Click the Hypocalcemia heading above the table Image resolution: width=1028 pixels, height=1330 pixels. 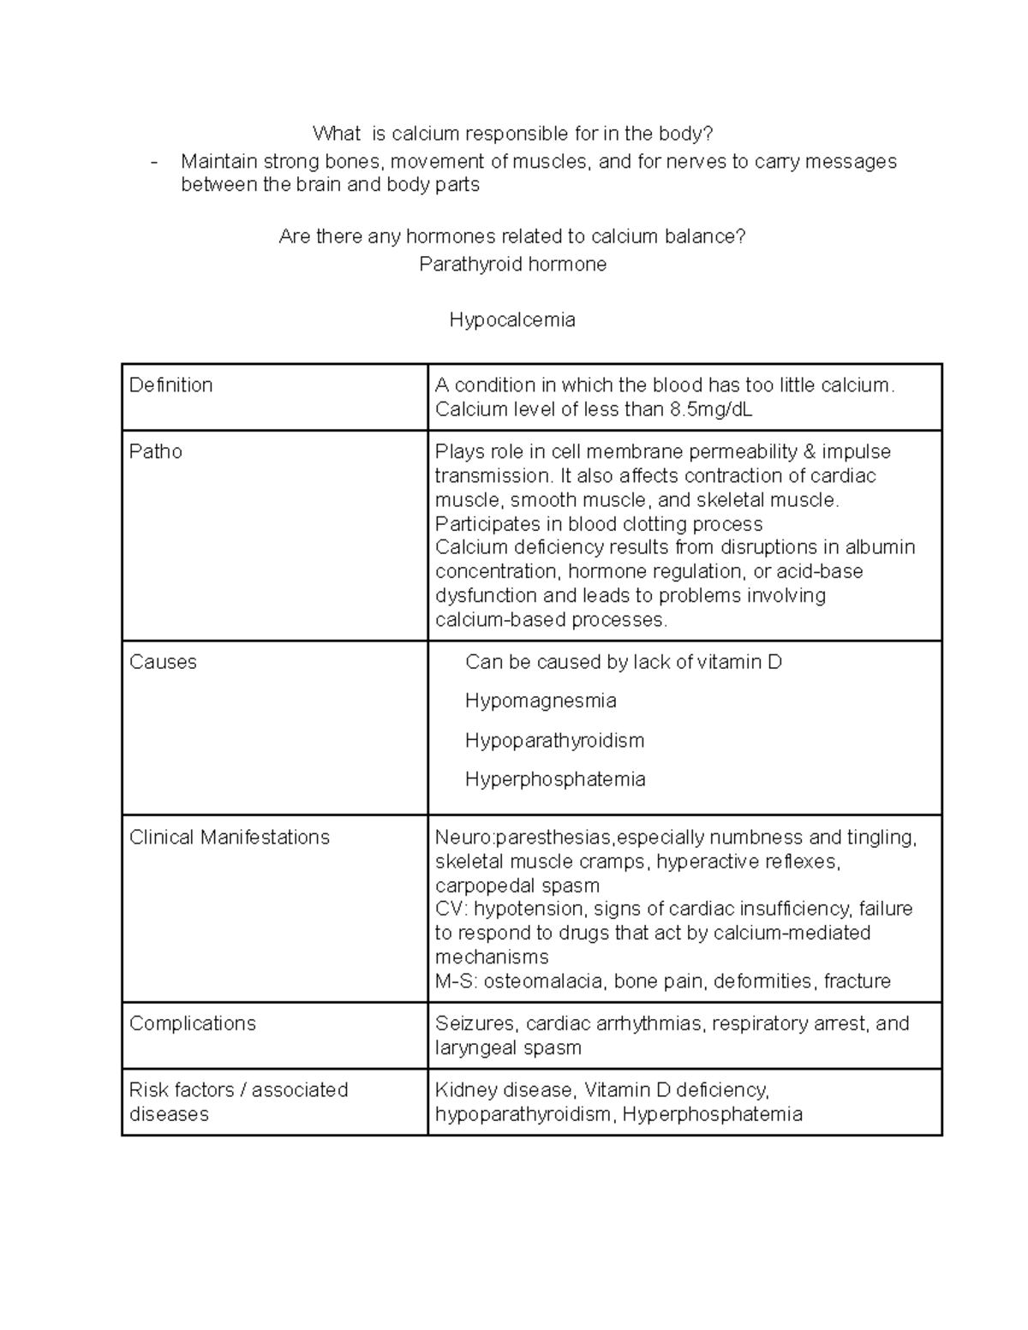(x=512, y=320)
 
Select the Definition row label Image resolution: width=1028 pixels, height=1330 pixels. (x=170, y=385)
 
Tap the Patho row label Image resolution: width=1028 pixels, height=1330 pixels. (x=155, y=452)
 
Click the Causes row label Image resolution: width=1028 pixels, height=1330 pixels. (x=163, y=662)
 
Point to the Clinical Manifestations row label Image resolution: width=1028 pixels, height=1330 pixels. (x=229, y=838)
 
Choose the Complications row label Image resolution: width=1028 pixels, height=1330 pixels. (x=192, y=1023)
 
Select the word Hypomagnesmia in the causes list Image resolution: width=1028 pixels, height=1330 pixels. (x=541, y=701)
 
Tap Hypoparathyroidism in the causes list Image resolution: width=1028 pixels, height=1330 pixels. (x=554, y=740)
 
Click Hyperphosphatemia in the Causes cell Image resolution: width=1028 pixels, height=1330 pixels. (x=555, y=779)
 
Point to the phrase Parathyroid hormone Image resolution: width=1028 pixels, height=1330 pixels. (x=512, y=265)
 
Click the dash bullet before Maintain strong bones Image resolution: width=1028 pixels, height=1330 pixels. (x=154, y=162)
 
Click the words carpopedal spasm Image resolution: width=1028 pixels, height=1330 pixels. (x=517, y=886)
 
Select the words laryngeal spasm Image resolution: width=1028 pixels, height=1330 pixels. (x=508, y=1047)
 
